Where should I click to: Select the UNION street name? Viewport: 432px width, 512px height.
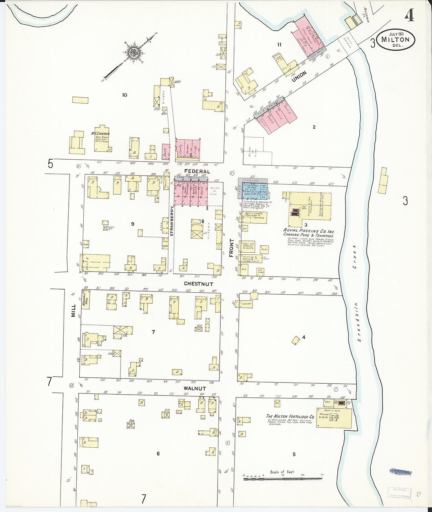coord(299,77)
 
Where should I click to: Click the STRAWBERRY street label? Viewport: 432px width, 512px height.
coord(172,221)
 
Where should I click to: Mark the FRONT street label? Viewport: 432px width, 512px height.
coord(232,248)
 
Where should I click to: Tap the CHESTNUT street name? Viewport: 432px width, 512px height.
coord(198,284)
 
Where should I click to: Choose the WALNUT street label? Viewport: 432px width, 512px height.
coord(194,388)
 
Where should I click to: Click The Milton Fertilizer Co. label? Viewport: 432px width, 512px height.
coord(290,417)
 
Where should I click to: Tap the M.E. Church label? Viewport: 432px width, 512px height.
coord(100,134)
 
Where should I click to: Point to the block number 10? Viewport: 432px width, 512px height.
coord(125,95)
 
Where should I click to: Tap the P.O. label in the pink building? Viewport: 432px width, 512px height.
coord(179,196)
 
